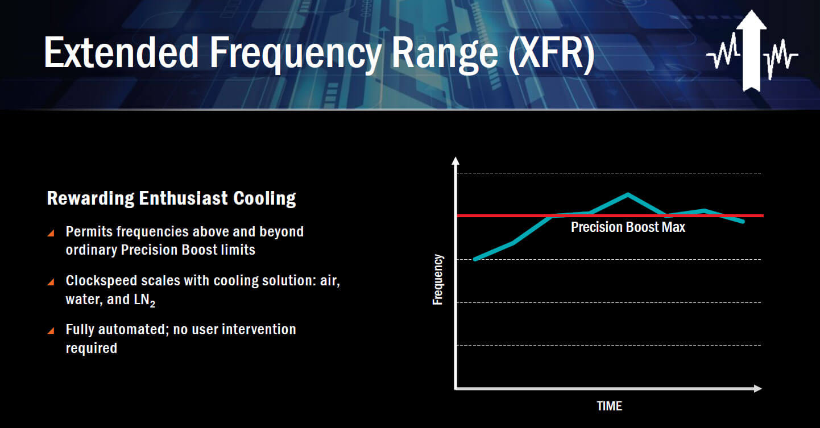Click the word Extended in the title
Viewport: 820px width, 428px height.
(121, 52)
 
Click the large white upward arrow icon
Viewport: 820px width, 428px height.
(751, 51)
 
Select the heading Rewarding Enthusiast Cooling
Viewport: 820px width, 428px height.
(171, 198)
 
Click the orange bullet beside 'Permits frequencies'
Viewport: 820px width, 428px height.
(51, 233)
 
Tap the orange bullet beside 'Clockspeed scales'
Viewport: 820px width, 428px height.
(51, 282)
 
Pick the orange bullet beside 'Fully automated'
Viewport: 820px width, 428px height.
(51, 331)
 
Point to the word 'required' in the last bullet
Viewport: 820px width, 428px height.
(92, 348)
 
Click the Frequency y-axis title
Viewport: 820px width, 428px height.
(438, 280)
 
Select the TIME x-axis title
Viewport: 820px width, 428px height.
(610, 406)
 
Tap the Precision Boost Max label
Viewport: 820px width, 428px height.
(628, 227)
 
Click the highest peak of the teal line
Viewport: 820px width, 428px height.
(628, 194)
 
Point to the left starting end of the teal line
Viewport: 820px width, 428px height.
(475, 259)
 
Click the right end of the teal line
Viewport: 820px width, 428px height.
(743, 221)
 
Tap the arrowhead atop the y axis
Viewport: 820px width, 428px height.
(455, 161)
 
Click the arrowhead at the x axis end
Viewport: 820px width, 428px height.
(758, 388)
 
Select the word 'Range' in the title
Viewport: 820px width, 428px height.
(445, 55)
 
